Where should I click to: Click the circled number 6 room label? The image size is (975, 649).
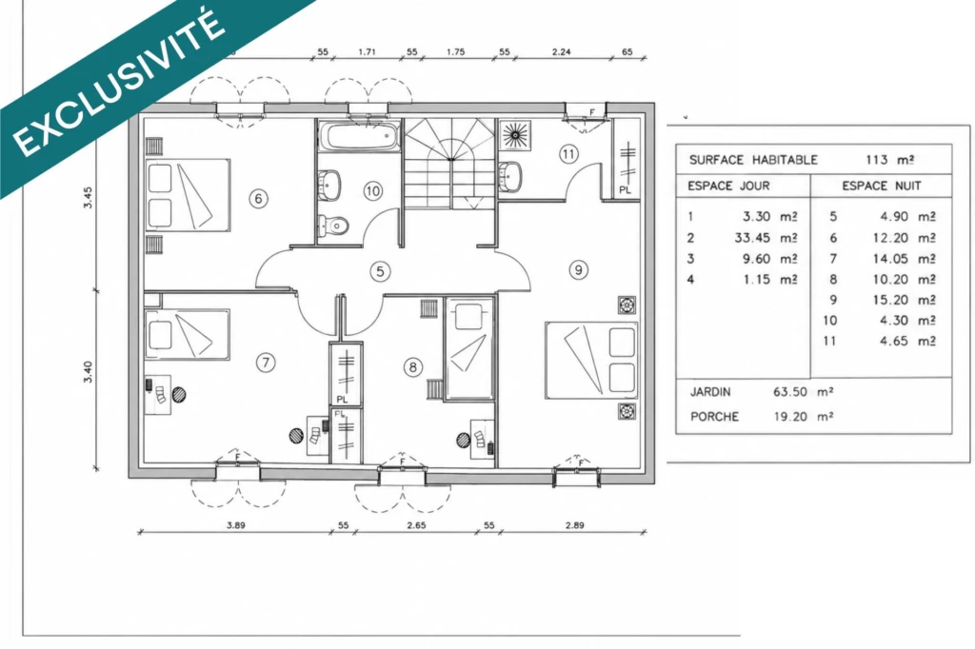(259, 198)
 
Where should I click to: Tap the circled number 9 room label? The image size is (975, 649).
(578, 270)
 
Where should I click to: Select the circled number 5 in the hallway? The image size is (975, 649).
(380, 271)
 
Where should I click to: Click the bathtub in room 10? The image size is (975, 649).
(359, 135)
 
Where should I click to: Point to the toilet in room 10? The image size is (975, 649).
(334, 225)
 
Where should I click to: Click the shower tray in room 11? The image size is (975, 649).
(515, 135)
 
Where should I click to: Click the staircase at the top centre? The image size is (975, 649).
(450, 164)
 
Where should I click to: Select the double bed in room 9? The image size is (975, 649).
(591, 360)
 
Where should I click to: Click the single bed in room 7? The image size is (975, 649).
(188, 334)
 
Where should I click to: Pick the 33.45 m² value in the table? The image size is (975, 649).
(766, 238)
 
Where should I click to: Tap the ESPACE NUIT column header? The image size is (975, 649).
(882, 186)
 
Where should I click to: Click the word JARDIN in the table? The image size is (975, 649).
(710, 392)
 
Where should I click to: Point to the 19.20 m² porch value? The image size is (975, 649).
(803, 417)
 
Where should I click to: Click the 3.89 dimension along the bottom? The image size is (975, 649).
(236, 524)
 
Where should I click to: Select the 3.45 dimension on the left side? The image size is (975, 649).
(88, 197)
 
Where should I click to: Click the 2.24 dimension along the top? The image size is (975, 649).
(561, 51)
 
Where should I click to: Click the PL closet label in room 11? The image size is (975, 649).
(625, 190)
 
